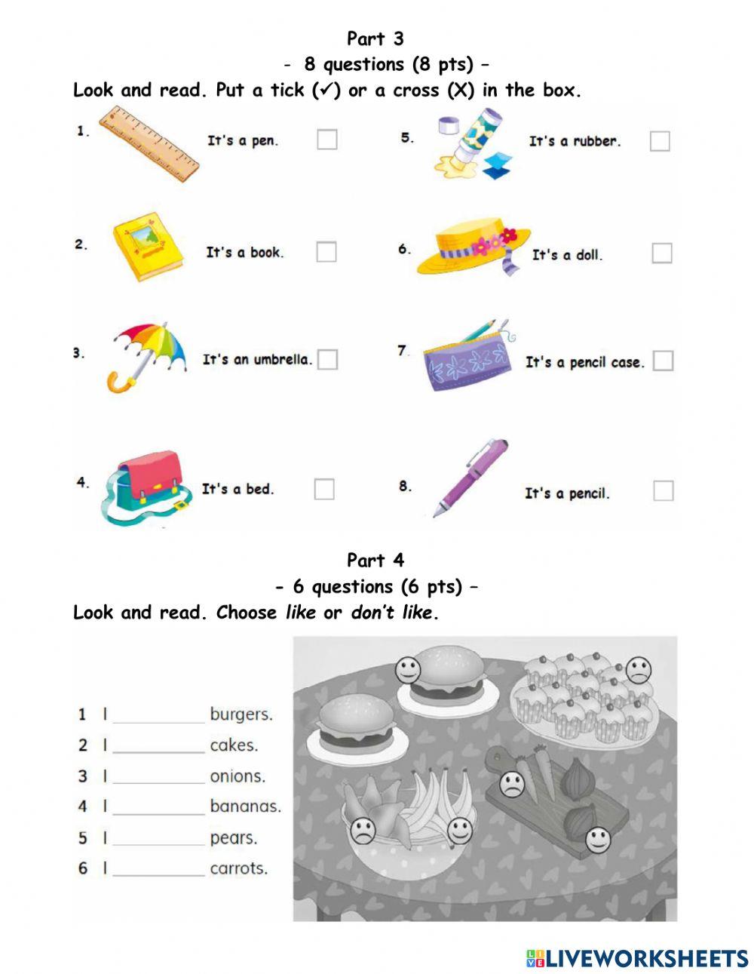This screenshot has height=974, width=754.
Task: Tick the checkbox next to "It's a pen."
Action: click(x=326, y=140)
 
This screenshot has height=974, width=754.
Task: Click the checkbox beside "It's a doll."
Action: click(x=661, y=253)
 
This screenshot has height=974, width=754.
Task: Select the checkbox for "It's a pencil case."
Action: click(x=663, y=361)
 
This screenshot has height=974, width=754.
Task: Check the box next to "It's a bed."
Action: click(x=323, y=489)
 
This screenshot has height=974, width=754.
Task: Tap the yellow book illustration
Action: click(x=148, y=247)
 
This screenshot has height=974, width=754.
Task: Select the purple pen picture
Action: click(x=471, y=476)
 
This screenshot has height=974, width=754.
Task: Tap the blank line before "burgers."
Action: click(x=158, y=715)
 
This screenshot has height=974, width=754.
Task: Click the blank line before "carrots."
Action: click(x=158, y=869)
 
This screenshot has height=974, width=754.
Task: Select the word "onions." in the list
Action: click(x=238, y=776)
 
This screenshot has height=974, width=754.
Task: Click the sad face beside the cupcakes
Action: click(x=639, y=670)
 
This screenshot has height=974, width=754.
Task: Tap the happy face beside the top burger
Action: click(x=408, y=670)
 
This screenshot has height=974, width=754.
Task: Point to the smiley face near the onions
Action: click(x=598, y=838)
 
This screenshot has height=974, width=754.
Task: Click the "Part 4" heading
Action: click(x=375, y=560)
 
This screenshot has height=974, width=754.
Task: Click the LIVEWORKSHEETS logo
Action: click(x=636, y=958)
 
